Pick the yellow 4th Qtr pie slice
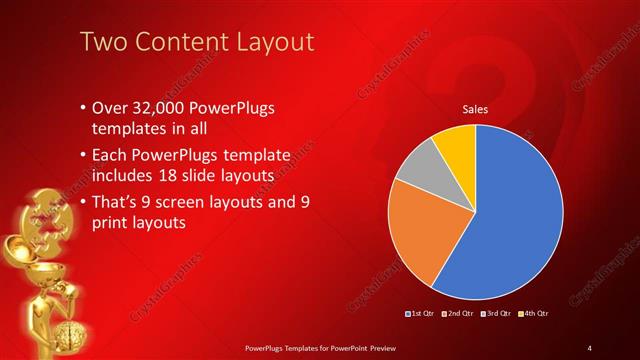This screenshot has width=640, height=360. pos(456,142)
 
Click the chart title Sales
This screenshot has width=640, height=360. pos(474,111)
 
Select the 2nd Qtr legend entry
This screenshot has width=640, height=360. pos(457,314)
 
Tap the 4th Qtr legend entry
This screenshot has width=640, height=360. pos(534,314)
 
